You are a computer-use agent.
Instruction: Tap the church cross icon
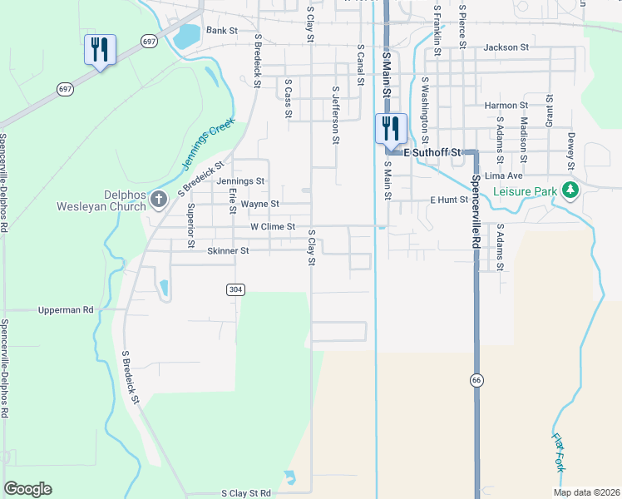tap(160, 199)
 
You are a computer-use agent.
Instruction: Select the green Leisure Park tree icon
tap(570, 190)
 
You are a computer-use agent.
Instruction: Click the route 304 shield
tap(234, 289)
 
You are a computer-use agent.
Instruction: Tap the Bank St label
tap(222, 30)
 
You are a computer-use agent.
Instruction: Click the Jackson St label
tap(506, 47)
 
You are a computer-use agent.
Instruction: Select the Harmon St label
tap(506, 106)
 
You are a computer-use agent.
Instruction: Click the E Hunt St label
tap(449, 200)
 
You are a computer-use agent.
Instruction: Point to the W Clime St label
tap(273, 226)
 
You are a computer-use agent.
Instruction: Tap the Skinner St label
tap(228, 250)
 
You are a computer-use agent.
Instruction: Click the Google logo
tap(27, 489)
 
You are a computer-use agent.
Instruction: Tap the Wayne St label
tap(259, 203)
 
